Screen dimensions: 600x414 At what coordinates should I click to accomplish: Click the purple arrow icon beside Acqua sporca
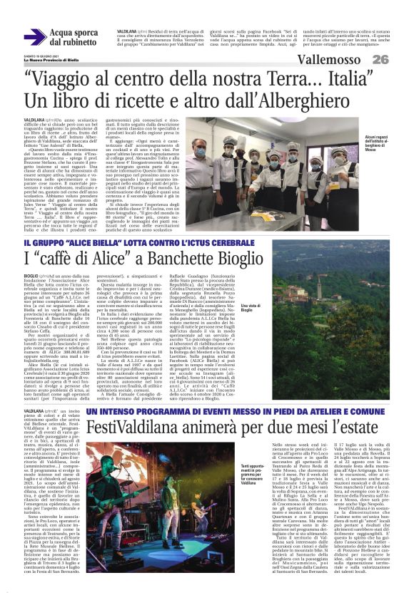(34, 37)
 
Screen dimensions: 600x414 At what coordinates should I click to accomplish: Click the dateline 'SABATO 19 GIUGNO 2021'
(41, 56)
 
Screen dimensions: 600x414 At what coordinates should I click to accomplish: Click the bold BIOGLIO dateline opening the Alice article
(31, 274)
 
